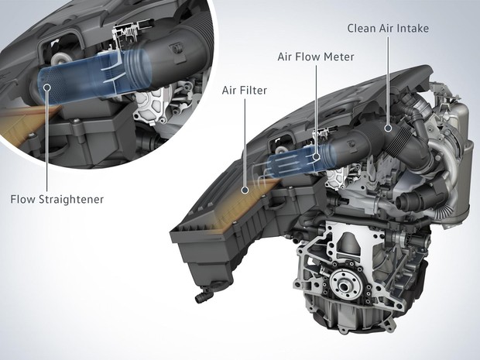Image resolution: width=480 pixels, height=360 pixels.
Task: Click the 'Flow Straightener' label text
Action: (x=57, y=200)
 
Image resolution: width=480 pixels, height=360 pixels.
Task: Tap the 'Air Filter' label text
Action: (x=245, y=91)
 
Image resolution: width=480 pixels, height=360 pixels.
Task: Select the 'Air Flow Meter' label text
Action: (x=316, y=57)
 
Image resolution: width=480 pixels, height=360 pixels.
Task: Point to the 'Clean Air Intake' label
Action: (x=388, y=28)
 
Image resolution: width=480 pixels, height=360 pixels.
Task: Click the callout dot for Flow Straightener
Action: (x=46, y=87)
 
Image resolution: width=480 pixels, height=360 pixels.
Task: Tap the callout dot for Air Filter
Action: (x=245, y=190)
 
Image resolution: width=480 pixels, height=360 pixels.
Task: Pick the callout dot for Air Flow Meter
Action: (x=317, y=156)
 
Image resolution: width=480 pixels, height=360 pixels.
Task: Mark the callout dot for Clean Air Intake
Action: (x=389, y=129)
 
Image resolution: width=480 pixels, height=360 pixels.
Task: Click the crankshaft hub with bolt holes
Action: (x=345, y=284)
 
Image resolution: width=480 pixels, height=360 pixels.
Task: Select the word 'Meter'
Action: (x=340, y=57)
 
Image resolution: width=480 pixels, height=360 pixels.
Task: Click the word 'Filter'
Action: (x=253, y=91)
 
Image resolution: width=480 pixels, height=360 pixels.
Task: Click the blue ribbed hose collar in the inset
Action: (x=138, y=71)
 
